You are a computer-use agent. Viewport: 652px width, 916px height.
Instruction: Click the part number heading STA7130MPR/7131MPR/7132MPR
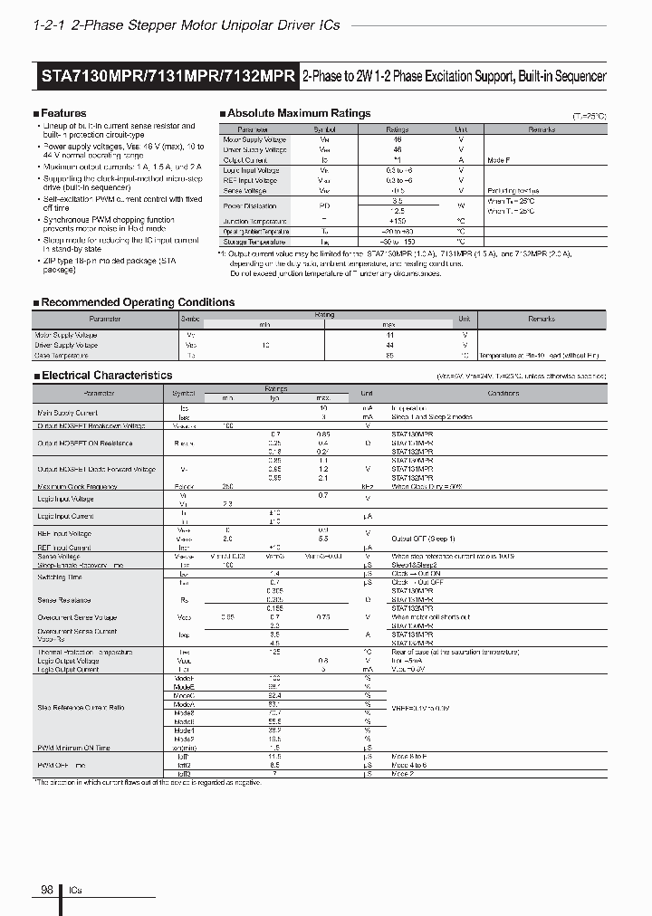[168, 77]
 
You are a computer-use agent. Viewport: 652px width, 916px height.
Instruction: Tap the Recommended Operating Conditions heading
[138, 302]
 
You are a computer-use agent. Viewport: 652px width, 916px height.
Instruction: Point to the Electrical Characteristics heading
[107, 375]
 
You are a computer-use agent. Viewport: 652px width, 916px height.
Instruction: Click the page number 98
[46, 891]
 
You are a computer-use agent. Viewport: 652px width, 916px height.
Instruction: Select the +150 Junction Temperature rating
[397, 221]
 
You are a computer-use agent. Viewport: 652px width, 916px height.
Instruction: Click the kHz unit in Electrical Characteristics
[368, 486]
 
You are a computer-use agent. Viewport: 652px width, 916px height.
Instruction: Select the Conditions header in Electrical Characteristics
[503, 394]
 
